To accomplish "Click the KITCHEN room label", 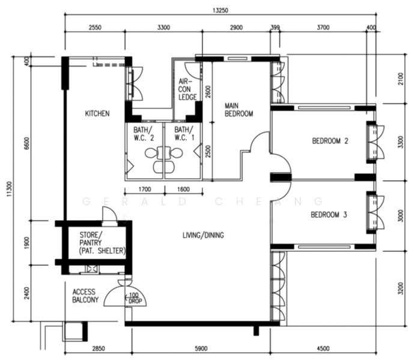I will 97,113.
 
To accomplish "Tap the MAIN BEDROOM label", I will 238,109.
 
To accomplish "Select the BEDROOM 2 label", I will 330,142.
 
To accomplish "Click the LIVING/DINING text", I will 203,235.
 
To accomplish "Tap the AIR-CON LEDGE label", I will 187,89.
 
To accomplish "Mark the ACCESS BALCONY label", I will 85,295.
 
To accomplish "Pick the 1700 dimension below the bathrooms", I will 144,190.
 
